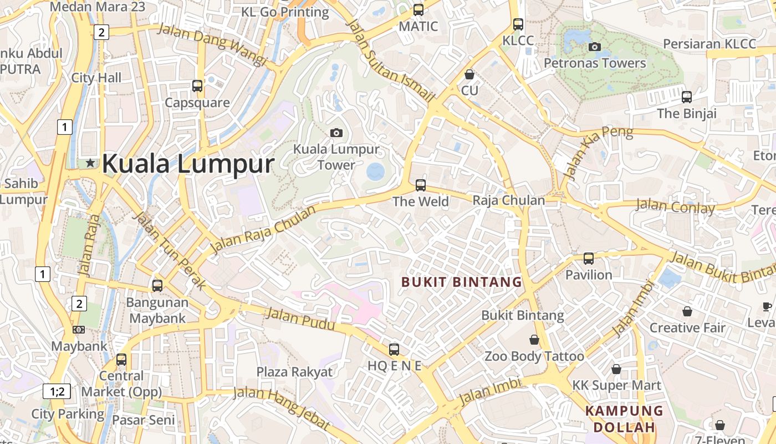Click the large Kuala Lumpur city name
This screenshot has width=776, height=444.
(188, 164)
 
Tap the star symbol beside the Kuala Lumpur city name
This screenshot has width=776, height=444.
(90, 163)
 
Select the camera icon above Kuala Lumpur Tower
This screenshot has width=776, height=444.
(336, 133)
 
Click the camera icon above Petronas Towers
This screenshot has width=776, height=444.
(595, 47)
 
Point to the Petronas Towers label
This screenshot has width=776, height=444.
(595, 63)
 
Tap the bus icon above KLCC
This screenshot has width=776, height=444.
(518, 24)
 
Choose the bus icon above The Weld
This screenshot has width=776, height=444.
(421, 185)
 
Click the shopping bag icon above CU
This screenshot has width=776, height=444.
(469, 74)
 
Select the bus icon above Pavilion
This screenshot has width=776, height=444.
(589, 259)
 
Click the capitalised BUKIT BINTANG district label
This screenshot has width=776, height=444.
(462, 282)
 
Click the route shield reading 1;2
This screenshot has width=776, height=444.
(57, 391)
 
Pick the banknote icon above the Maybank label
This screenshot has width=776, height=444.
(79, 330)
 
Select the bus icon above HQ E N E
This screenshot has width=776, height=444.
(394, 350)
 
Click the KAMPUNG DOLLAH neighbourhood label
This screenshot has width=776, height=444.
(624, 419)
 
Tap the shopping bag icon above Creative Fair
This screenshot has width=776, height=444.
(687, 311)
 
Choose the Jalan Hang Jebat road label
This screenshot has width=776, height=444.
(281, 408)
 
